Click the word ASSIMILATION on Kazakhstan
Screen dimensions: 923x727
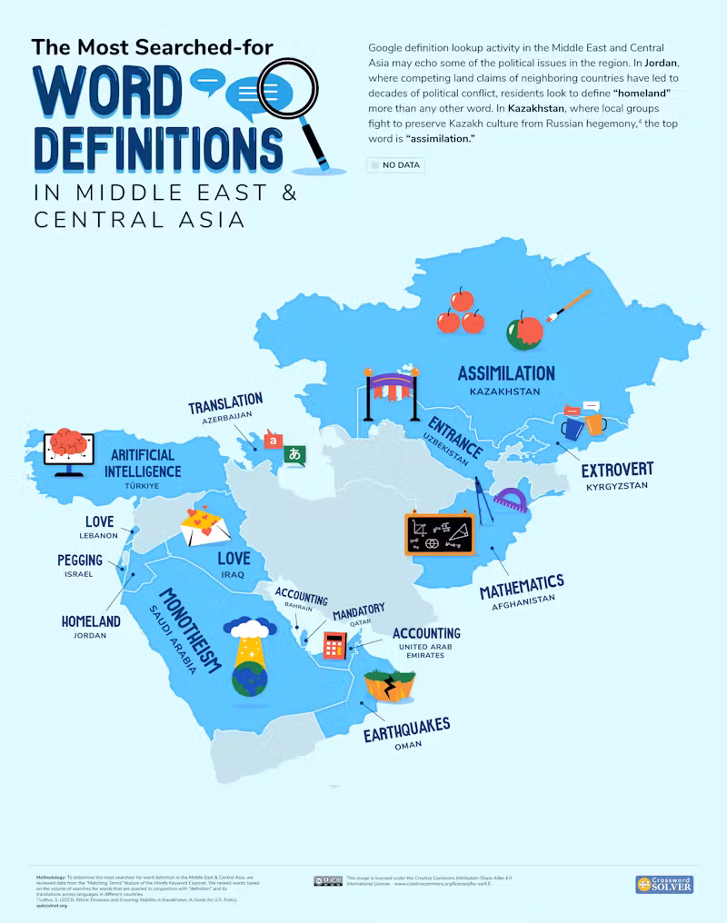[x=506, y=373]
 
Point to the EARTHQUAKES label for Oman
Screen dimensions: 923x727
[x=406, y=729]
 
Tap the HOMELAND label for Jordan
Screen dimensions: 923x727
[x=91, y=621]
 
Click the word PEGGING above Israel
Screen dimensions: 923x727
[x=80, y=561]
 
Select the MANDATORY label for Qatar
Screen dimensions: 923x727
[x=358, y=609]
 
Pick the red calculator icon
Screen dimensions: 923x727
[x=335, y=645]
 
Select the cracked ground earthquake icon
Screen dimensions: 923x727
[x=390, y=685]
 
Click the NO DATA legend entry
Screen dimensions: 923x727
[x=395, y=165]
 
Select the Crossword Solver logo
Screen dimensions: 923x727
[x=663, y=884]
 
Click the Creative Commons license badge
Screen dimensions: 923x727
[x=327, y=880]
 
